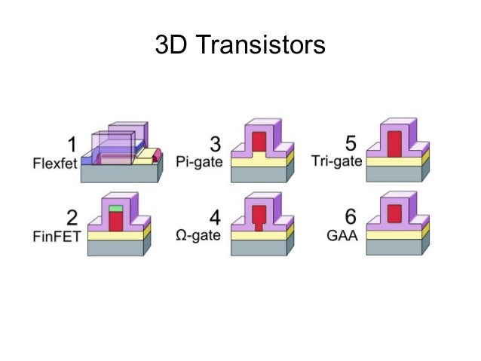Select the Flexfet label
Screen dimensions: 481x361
point(56,161)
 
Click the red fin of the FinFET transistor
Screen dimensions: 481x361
point(115,221)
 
